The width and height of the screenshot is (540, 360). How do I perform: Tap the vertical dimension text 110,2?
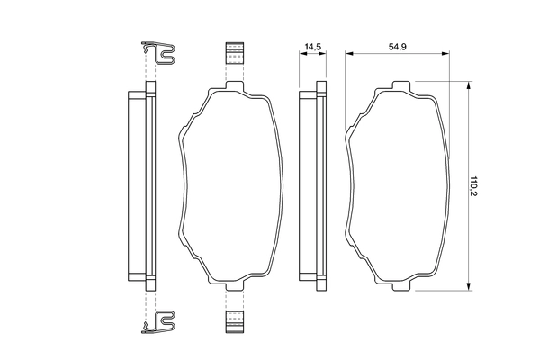coord(485,187)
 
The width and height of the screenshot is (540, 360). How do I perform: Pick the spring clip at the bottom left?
coord(160,320)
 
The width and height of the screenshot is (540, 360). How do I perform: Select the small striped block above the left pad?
coord(234,54)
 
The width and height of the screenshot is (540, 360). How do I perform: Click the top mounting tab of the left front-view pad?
coord(234,87)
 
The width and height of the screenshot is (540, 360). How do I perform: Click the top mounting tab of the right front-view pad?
coord(400,87)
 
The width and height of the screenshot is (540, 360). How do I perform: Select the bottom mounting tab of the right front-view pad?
coord(400,287)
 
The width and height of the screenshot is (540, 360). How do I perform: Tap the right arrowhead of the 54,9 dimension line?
coord(447,54)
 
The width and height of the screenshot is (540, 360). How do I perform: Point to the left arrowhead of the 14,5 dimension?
coord(301,54)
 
